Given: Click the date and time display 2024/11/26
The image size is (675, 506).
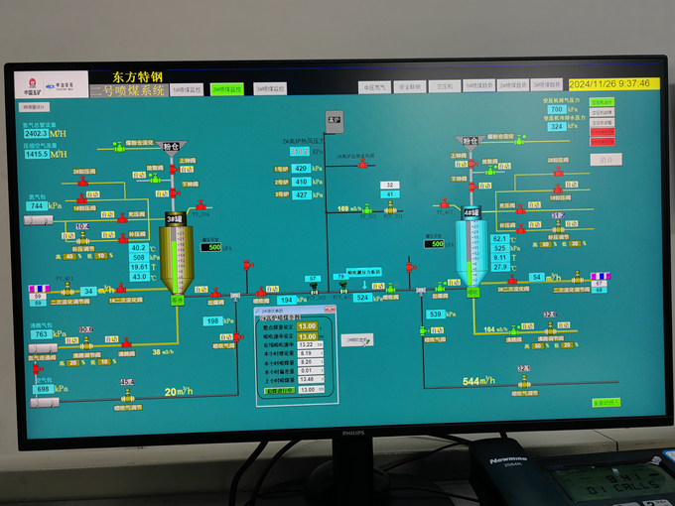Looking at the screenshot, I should coord(608,84).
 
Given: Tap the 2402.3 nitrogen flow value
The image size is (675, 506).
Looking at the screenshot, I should coord(36,133).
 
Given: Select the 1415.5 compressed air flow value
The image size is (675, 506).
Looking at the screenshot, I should coord(36,154).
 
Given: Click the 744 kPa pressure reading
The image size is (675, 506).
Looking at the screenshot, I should coord(39,205).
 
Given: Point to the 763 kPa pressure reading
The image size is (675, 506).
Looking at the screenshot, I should coord(43,334).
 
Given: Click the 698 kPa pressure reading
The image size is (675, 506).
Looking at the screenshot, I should coord(44,388).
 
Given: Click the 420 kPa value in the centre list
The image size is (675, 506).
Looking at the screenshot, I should coord(302,169).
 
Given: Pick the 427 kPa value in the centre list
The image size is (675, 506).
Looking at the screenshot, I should coord(302,194).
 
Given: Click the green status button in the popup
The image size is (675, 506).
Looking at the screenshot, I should coord(281,390).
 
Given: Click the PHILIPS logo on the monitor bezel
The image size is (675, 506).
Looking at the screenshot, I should coord(354,433).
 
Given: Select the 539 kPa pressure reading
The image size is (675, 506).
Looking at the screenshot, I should coord(435,315).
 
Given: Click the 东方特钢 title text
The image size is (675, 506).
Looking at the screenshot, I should coord(138,75).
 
